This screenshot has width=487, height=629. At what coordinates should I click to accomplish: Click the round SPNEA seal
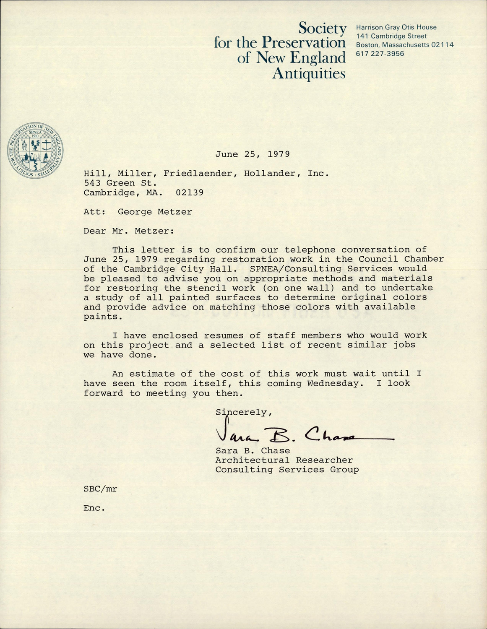click(35, 151)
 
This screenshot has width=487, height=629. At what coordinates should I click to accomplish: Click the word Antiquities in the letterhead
click(309, 73)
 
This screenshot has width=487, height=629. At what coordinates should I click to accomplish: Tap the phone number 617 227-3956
click(380, 54)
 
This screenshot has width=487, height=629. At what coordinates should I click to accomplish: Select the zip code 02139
click(190, 192)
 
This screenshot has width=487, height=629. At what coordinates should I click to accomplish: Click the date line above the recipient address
click(253, 154)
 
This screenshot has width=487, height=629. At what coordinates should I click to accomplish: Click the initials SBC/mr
click(100, 489)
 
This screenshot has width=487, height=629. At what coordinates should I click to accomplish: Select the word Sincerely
click(244, 412)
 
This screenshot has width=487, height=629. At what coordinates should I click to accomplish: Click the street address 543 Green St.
click(120, 183)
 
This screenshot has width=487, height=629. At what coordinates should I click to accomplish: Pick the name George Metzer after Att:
click(155, 212)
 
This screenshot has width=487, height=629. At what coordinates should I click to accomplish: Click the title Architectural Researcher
click(284, 460)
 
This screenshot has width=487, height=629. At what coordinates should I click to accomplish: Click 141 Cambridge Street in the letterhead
click(391, 36)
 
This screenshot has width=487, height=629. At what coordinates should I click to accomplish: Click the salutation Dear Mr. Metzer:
click(128, 231)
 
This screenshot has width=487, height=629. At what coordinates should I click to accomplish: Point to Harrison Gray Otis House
click(396, 27)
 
